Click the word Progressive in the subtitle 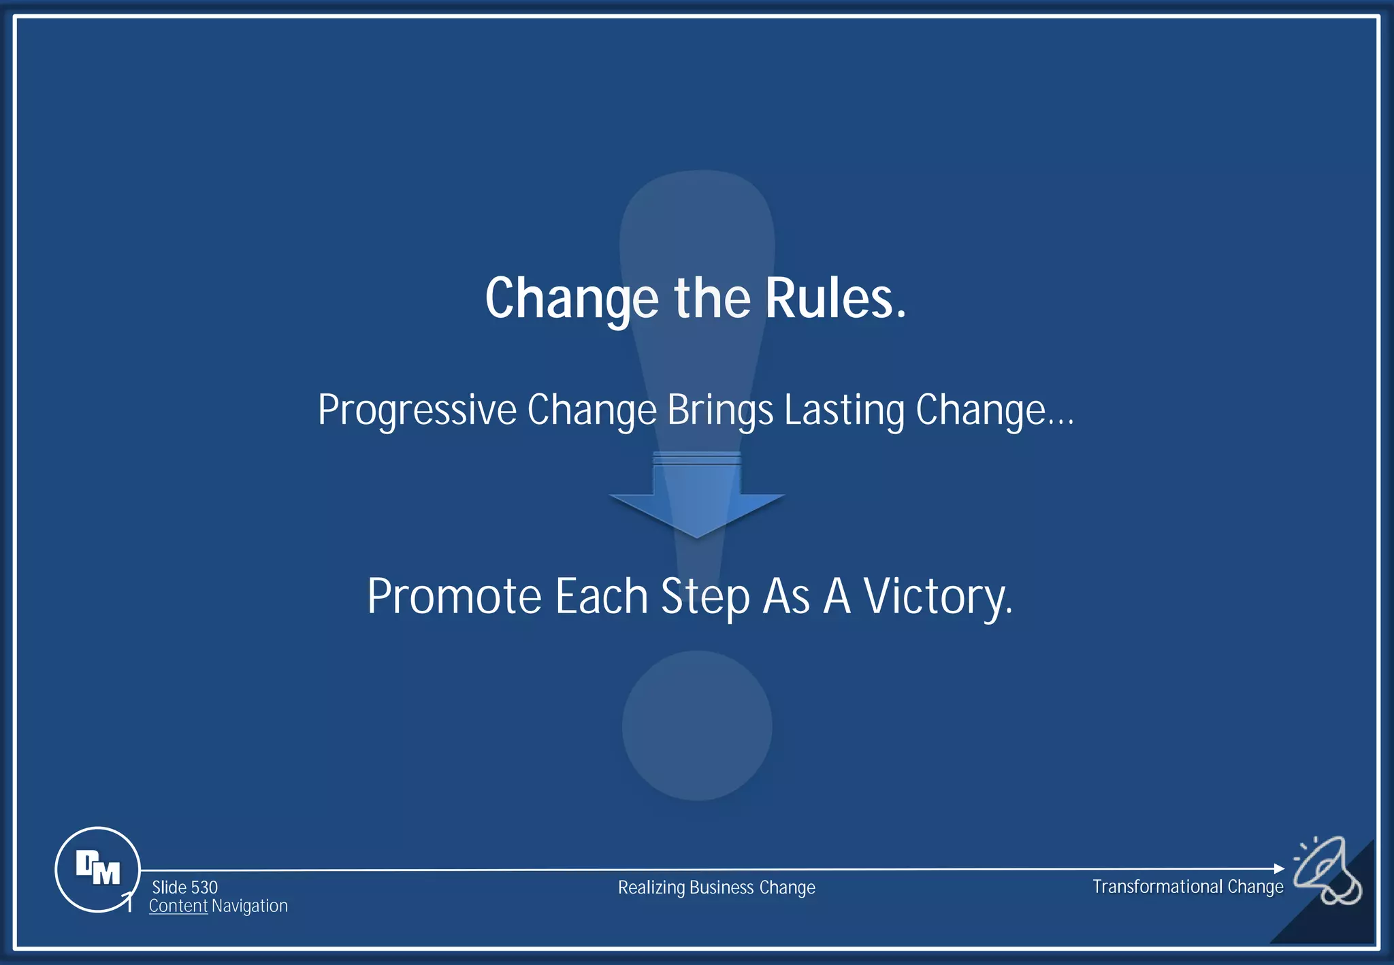(417, 410)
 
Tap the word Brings (720, 410)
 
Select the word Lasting (844, 410)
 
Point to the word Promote (454, 597)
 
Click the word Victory (938, 597)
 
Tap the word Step (705, 597)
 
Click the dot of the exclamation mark (697, 725)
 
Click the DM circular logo (97, 869)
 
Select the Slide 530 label (184, 887)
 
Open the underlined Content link (178, 906)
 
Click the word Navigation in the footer (249, 906)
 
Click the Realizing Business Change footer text (716, 887)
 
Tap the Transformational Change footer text (1188, 887)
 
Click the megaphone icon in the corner (1327, 870)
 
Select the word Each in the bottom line (601, 597)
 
